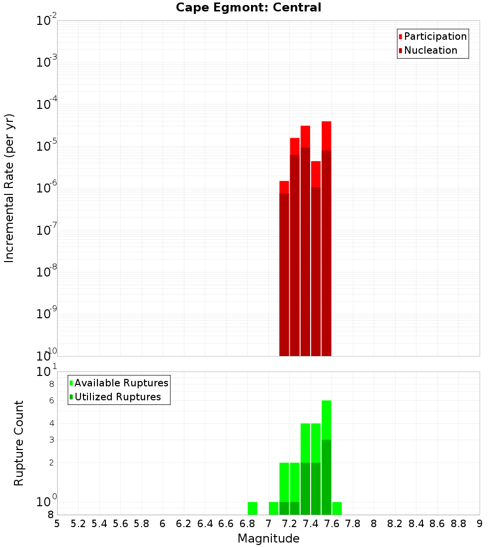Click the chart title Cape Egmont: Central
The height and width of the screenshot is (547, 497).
[248, 7]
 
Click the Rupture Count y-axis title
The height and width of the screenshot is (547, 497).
[19, 443]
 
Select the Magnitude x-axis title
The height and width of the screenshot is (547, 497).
[268, 539]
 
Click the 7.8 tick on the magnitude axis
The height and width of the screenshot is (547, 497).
[353, 524]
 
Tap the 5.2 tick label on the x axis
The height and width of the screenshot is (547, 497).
[79, 524]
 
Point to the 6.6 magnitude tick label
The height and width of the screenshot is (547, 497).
[226, 524]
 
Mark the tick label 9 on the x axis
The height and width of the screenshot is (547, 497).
[480, 524]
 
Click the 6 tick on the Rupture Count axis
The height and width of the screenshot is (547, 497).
[51, 400]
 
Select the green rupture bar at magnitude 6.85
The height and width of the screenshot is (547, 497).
[252, 508]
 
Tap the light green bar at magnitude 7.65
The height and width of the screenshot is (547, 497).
[337, 508]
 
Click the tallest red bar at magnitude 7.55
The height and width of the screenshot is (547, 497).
[327, 239]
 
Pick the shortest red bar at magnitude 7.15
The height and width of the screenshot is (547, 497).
[284, 269]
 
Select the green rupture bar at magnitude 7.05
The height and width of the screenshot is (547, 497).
[273, 508]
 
